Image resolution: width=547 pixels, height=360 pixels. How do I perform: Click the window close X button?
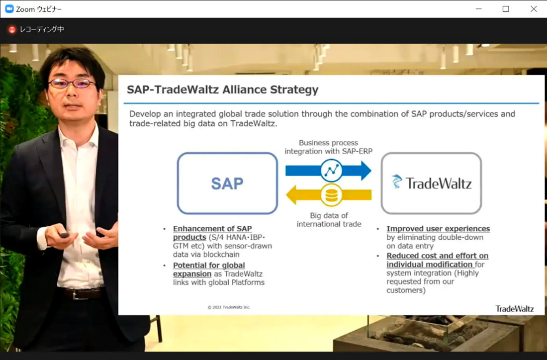click(534, 9)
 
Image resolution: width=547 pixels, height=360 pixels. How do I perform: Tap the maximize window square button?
click(506, 9)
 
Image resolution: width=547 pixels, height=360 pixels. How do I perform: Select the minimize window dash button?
click(478, 9)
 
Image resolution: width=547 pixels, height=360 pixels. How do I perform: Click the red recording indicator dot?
click(12, 30)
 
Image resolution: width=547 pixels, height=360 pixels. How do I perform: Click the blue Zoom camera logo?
click(9, 9)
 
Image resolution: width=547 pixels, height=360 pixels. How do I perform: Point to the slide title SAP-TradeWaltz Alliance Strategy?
click(223, 90)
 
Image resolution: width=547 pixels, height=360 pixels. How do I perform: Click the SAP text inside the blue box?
click(227, 183)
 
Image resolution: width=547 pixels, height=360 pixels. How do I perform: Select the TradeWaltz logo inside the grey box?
click(432, 182)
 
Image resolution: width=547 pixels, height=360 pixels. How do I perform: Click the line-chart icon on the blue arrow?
click(331, 170)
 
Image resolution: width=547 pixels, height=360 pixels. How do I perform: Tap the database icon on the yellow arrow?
click(331, 195)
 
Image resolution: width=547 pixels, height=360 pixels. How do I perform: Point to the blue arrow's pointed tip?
click(371, 171)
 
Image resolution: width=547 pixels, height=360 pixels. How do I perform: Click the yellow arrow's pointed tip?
click(286, 195)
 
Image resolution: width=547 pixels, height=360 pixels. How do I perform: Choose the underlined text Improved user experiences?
click(438, 229)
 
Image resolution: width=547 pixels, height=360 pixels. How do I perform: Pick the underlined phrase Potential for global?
click(209, 266)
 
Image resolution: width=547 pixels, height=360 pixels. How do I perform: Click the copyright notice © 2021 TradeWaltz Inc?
click(229, 307)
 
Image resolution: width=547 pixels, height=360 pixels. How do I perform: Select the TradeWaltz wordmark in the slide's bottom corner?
click(515, 309)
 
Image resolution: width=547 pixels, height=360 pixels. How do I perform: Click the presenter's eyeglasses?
click(72, 84)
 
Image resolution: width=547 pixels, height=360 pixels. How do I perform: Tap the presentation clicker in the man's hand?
click(64, 235)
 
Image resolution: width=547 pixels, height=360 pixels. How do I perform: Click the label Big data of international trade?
click(329, 220)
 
